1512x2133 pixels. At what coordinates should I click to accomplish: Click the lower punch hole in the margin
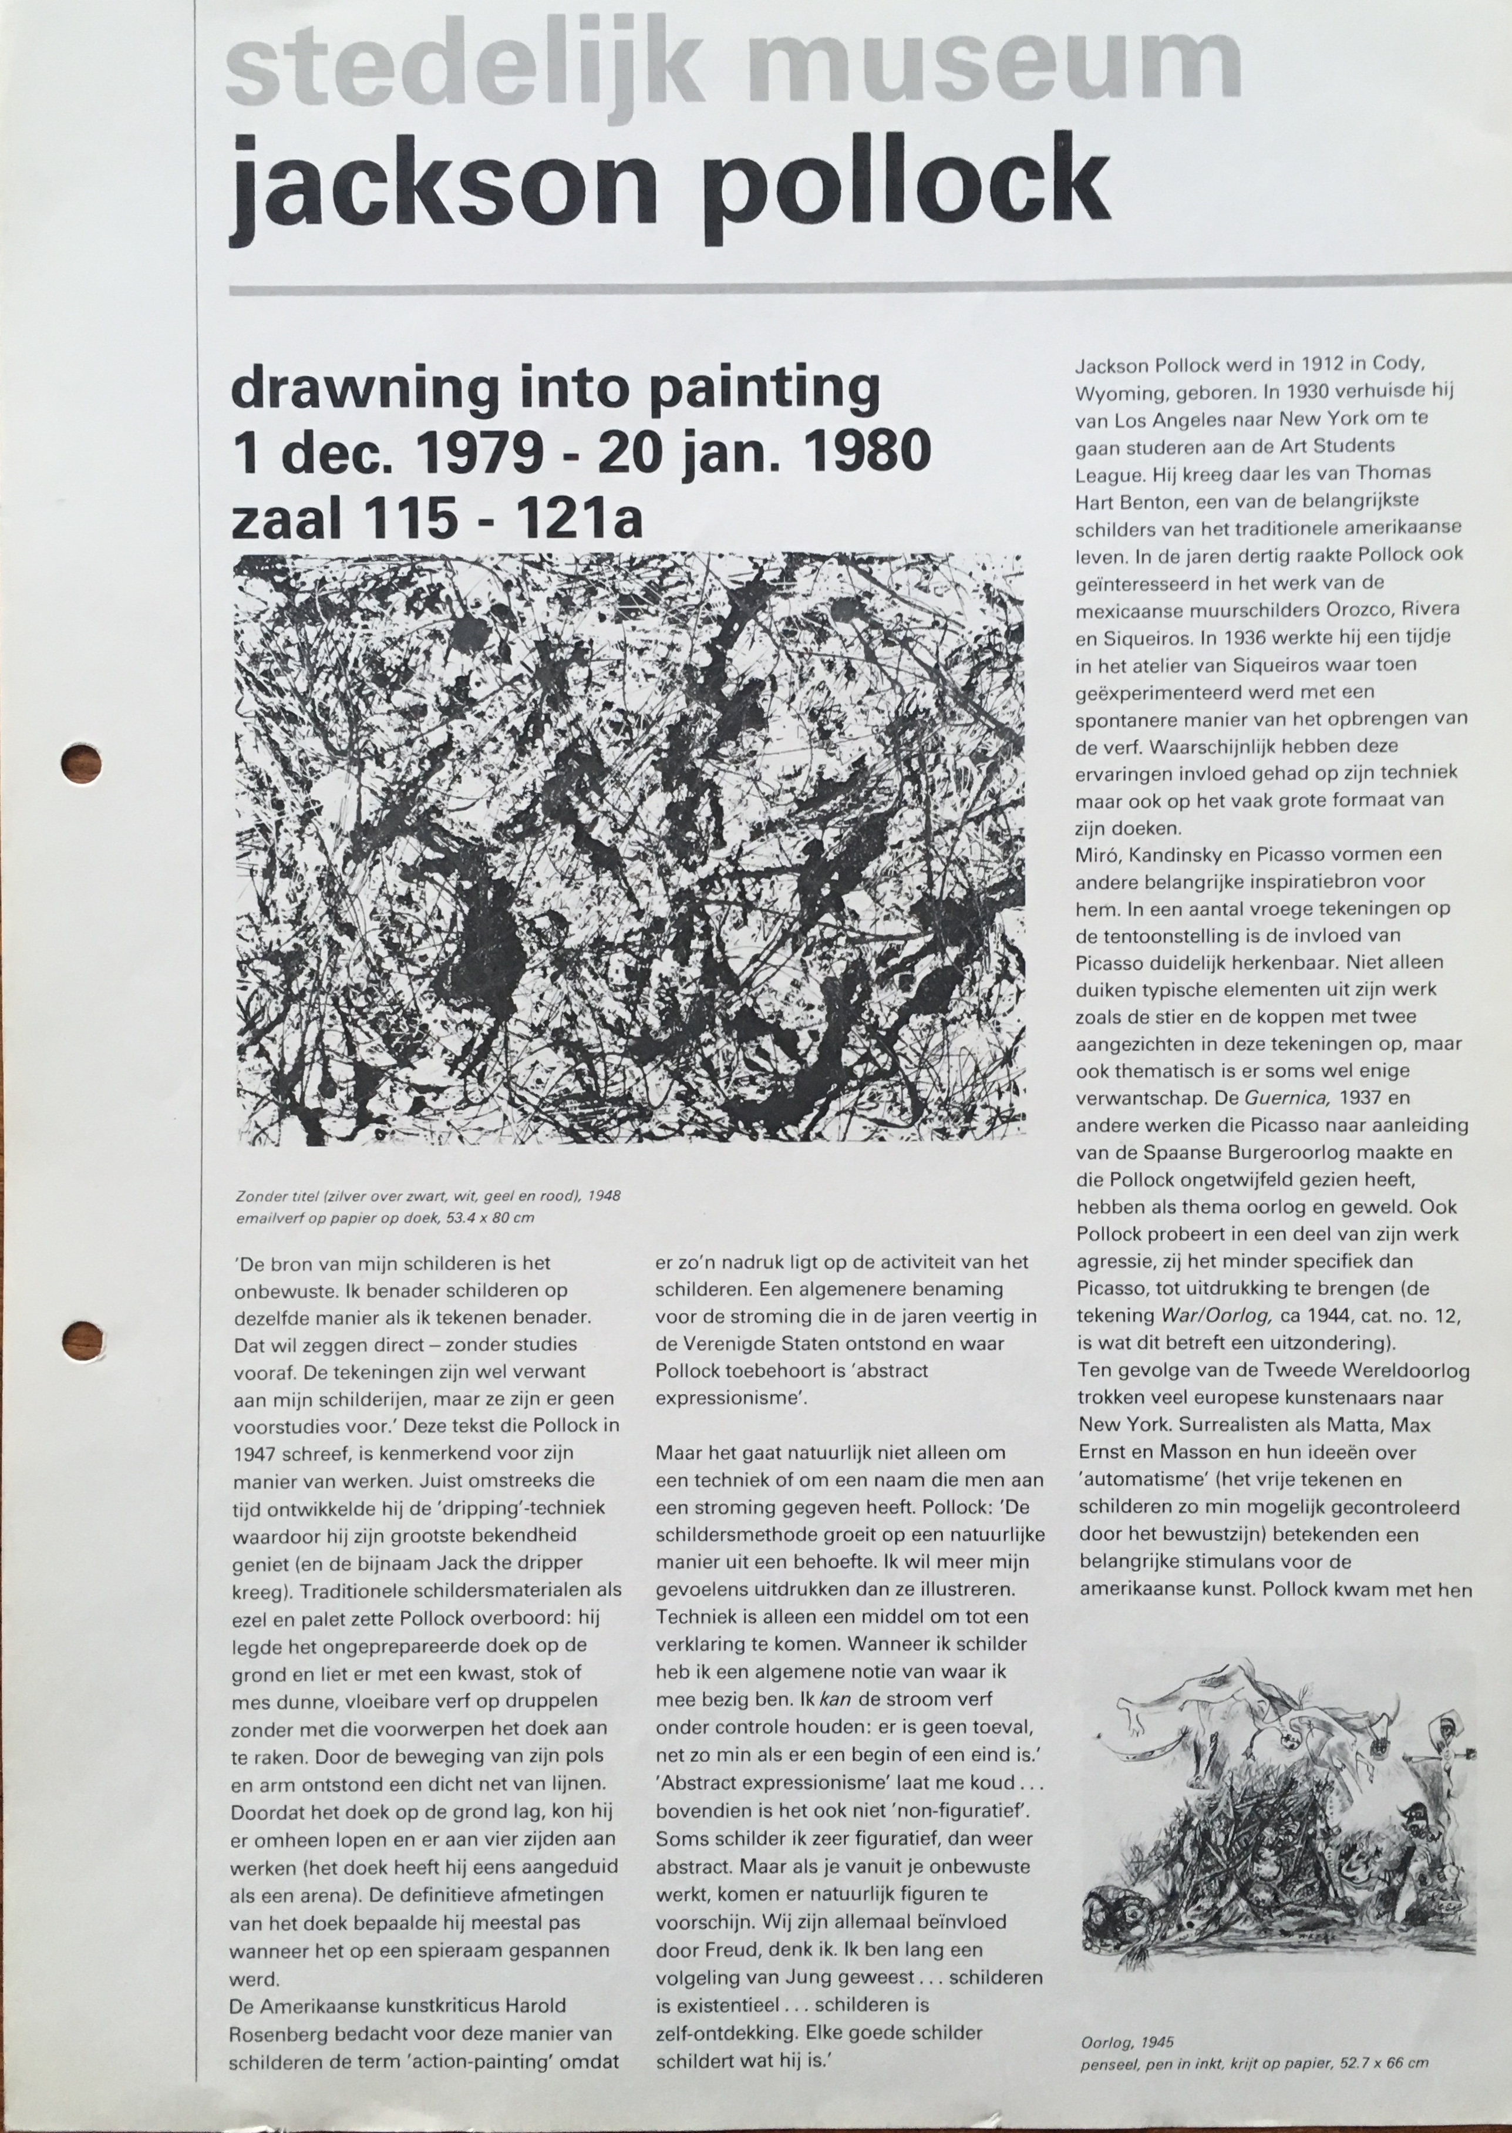(x=81, y=1341)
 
